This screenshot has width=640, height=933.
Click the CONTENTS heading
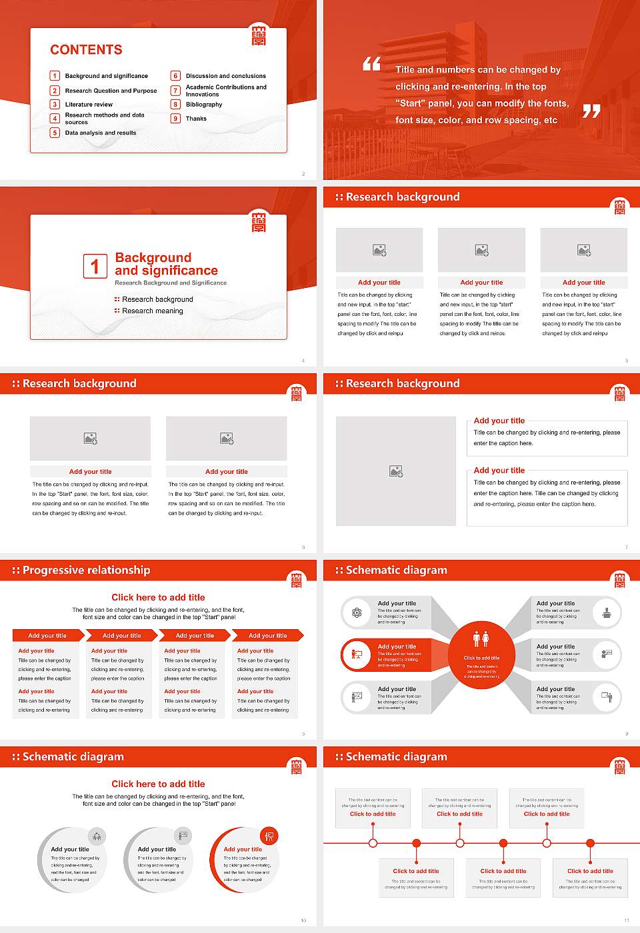pos(86,50)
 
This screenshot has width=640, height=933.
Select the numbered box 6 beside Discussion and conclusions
pos(176,76)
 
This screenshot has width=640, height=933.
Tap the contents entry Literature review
pos(89,105)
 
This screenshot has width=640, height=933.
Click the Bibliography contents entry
pos(204,105)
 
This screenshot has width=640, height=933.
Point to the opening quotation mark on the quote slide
pos(371,64)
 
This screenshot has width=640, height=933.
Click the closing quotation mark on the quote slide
pos(591,111)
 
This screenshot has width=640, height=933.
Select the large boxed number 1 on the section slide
pos(95,266)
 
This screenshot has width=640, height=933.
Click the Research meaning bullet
pos(152,311)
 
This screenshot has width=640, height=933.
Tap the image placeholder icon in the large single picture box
pos(396,471)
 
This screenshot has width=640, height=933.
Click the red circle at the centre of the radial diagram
pos(481,656)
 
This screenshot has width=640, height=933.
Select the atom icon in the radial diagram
pos(357,612)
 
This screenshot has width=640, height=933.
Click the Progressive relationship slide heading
pos(86,570)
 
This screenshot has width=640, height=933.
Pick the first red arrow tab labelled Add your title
pos(47,636)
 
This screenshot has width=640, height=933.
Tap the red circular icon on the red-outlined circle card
pos(269,836)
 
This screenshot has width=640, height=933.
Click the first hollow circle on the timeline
pos(373,843)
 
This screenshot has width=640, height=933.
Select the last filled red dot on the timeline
pos(590,843)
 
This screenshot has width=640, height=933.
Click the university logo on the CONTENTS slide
pos(259,35)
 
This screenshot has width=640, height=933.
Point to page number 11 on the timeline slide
pos(626,920)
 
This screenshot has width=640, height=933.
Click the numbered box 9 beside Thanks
pos(176,119)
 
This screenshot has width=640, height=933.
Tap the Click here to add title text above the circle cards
pos(158,784)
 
